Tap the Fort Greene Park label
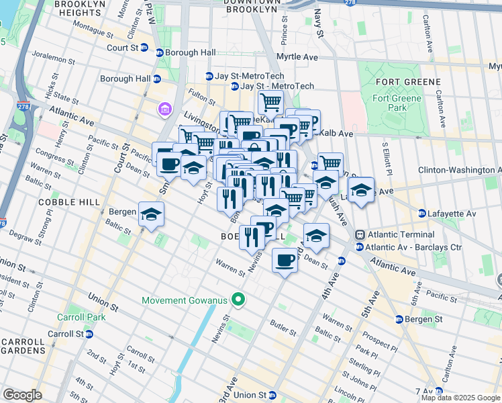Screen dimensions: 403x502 (x=397, y=103)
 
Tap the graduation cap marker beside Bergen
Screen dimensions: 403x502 (x=151, y=215)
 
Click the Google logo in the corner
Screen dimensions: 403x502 (x=22, y=395)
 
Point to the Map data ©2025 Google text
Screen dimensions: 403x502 (x=460, y=398)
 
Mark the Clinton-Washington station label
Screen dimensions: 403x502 (x=459, y=170)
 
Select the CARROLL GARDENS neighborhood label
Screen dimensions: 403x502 (x=22, y=346)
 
